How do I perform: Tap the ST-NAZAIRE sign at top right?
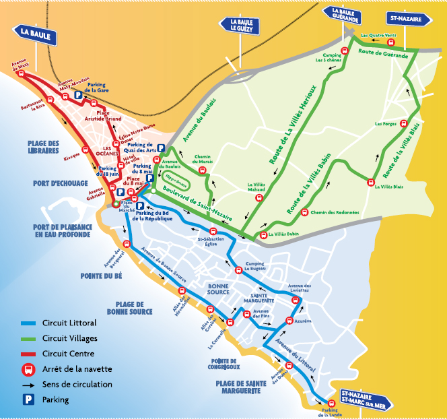409,20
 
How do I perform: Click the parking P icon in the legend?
28,399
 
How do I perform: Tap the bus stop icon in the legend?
28,369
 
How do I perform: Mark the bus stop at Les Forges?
403,124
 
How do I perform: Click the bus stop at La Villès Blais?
370,181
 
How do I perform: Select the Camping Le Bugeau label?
253,266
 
